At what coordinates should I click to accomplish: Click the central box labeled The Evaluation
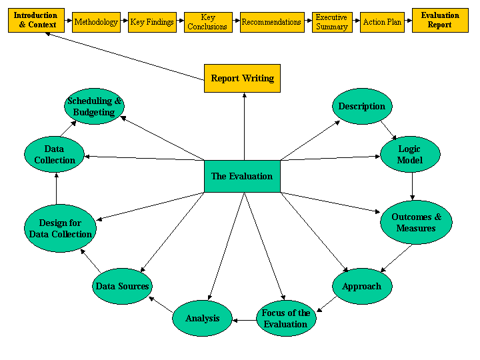click(x=242, y=177)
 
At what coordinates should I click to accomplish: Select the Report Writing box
click(x=242, y=78)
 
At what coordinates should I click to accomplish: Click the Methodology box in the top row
click(x=96, y=22)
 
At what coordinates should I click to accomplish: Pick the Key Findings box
click(x=152, y=22)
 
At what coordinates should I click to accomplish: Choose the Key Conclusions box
click(x=208, y=22)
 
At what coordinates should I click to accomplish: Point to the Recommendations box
click(x=271, y=22)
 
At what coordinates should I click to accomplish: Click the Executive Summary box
click(x=332, y=22)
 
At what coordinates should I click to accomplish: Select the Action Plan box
click(x=383, y=22)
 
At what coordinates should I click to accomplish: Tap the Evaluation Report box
click(x=440, y=21)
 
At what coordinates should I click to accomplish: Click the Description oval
click(x=362, y=106)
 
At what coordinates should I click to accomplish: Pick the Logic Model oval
click(x=409, y=155)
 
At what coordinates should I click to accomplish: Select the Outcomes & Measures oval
click(x=416, y=223)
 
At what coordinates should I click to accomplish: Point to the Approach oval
click(x=362, y=287)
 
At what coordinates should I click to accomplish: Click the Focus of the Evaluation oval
click(x=286, y=318)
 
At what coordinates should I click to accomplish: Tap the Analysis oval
click(x=203, y=318)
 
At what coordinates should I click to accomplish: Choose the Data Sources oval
click(x=122, y=287)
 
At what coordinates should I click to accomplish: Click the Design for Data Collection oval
click(x=61, y=229)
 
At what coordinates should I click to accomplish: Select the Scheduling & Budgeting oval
click(x=95, y=107)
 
